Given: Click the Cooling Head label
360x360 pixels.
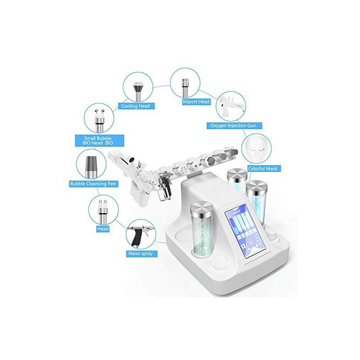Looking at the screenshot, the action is tap(135, 106).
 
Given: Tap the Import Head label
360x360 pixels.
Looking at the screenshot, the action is tap(196, 102).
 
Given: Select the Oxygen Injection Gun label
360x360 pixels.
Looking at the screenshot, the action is tap(233, 126).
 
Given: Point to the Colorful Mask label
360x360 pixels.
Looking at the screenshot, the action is tap(263, 168).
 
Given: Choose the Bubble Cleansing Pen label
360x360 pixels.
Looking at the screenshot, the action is tap(93, 184).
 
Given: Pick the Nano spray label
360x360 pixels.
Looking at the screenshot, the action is tap(141, 253).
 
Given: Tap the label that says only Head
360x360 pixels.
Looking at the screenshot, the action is tap(103, 228).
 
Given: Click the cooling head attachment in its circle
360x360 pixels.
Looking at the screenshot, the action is tap(138, 91).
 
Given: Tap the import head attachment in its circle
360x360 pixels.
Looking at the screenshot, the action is tap(185, 87).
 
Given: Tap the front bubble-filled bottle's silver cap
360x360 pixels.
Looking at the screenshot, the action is tap(202, 209).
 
